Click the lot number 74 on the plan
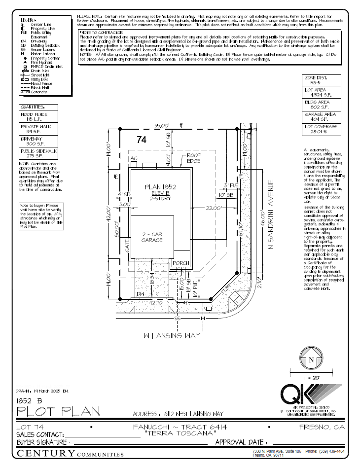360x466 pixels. tap(142, 141)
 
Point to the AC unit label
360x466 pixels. tap(133, 158)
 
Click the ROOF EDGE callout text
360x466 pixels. tap(194, 158)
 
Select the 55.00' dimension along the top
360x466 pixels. tap(162, 126)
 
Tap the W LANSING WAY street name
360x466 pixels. tap(172, 336)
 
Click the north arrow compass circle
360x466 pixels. tap(311, 359)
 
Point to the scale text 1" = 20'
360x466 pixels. tap(311, 377)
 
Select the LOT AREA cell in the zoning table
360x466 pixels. tap(316, 92)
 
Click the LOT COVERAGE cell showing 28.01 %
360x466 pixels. tap(316, 129)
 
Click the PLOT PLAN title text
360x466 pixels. tap(58, 411)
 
